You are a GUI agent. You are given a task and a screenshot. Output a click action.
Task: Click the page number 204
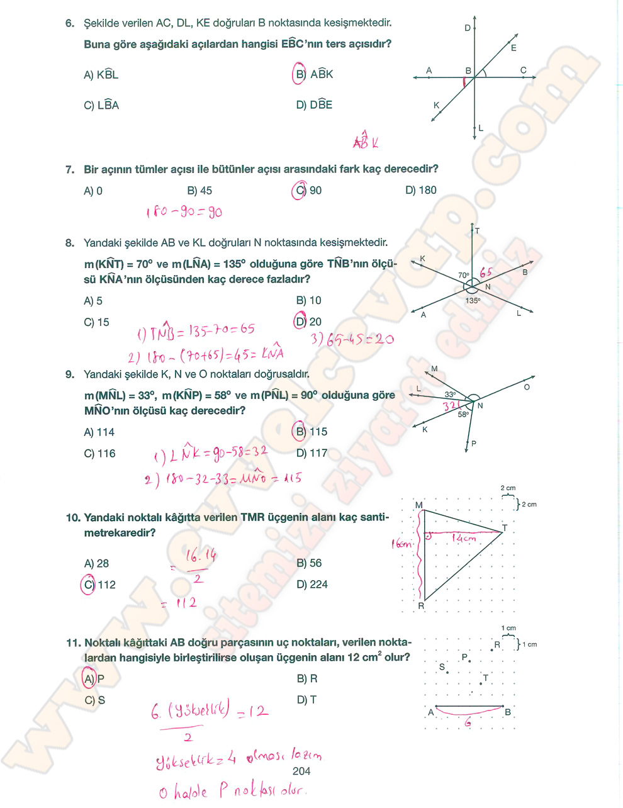301,771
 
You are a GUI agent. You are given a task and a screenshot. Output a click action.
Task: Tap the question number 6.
69,23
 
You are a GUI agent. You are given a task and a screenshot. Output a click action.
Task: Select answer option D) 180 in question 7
420,190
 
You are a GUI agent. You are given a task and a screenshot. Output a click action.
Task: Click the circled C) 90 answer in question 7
307,190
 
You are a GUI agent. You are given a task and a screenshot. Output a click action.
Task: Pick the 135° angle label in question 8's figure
472,301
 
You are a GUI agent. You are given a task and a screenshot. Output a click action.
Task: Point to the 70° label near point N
464,276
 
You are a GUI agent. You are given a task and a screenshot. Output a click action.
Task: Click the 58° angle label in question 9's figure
463,415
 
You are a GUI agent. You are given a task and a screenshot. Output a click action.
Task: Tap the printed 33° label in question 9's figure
450,395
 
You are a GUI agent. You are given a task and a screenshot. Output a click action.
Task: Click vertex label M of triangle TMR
418,505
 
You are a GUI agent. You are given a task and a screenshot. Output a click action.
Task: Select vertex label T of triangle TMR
505,528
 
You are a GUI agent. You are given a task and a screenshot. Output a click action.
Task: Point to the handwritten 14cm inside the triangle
464,538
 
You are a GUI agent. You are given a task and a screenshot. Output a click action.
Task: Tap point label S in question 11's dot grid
442,667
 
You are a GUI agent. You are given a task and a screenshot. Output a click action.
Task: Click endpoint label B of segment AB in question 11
508,712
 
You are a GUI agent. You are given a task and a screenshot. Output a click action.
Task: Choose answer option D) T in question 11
306,700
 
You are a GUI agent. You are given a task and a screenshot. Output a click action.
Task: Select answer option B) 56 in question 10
309,563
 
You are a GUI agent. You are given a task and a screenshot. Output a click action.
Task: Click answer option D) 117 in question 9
311,453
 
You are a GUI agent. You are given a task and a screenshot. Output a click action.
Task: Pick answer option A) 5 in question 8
93,301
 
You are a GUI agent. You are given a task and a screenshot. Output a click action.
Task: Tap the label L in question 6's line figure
481,128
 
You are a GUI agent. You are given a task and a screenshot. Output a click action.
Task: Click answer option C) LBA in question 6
101,106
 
